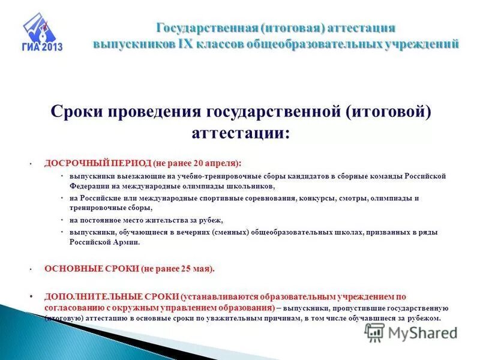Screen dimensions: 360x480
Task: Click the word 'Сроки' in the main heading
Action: pos(76,112)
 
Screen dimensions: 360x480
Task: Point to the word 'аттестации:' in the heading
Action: pos(240,133)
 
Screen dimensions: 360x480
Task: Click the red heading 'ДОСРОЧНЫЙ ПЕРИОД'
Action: pos(97,163)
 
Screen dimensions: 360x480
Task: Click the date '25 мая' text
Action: pos(194,269)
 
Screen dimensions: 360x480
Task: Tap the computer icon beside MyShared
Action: pos(374,332)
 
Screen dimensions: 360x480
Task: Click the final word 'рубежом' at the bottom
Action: pos(425,318)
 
